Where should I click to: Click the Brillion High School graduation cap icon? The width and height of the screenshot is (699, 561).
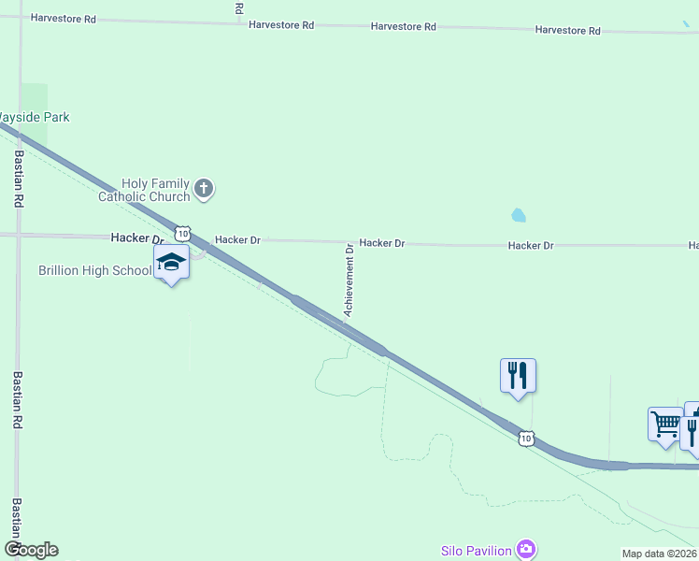pyautogui.click(x=171, y=263)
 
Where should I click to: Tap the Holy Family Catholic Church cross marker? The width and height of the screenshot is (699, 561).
pyautogui.click(x=205, y=190)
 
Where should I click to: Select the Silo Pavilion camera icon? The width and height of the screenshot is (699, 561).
pyautogui.click(x=526, y=549)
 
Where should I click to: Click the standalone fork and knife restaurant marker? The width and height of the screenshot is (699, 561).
pyautogui.click(x=518, y=376)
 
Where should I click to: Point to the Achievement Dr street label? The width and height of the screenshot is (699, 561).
pyautogui.click(x=349, y=280)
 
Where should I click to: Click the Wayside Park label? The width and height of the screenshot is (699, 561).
pyautogui.click(x=34, y=117)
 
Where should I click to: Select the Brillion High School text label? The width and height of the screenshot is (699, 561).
pyautogui.click(x=94, y=270)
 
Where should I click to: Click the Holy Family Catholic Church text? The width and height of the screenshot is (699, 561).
pyautogui.click(x=144, y=190)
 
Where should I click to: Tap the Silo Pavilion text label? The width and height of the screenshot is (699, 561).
pyautogui.click(x=476, y=550)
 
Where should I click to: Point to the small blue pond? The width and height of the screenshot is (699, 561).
pyautogui.click(x=519, y=215)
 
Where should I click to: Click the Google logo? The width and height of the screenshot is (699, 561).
pyautogui.click(x=31, y=550)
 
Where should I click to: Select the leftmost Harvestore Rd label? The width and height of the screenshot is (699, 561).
pyautogui.click(x=63, y=19)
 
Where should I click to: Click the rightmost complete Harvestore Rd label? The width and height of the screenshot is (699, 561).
pyautogui.click(x=567, y=30)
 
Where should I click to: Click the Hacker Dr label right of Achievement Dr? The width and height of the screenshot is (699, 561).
pyautogui.click(x=382, y=243)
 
